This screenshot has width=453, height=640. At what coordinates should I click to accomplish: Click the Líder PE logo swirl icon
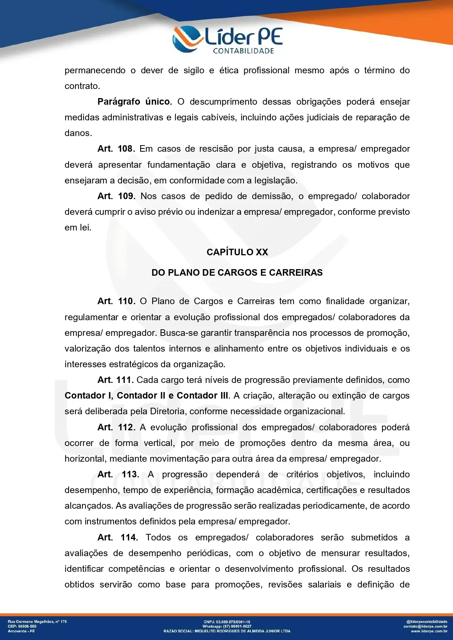187,38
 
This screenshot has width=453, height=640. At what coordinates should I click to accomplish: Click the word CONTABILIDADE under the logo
243,51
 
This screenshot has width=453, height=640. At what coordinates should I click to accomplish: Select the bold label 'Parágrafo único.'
134,102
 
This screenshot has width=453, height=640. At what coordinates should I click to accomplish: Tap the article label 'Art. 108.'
116,149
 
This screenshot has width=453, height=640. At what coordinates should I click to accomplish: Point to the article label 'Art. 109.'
116,196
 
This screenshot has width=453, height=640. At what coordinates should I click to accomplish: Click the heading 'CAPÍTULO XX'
237,252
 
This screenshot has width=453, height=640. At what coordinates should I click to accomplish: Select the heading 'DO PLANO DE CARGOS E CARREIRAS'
237,273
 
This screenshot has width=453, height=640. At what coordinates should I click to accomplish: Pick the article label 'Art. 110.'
116,301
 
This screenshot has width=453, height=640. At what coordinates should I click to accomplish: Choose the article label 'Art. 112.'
116,427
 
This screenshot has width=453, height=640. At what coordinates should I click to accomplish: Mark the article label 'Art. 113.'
118,474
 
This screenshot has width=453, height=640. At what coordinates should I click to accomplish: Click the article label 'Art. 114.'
118,538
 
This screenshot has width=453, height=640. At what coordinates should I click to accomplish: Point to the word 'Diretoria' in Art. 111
168,411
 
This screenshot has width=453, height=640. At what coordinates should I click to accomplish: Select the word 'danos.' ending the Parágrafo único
78,133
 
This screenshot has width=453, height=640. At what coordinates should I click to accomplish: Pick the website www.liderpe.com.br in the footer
429,631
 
